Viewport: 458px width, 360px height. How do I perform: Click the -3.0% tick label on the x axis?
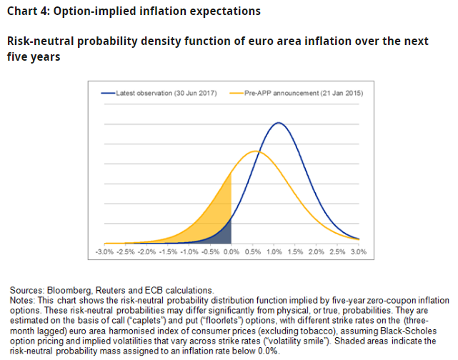tap(104, 252)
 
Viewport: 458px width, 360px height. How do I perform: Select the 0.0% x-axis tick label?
tap(232, 252)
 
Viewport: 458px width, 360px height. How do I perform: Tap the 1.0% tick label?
tap(274, 252)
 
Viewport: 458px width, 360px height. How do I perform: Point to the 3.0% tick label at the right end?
tap(359, 252)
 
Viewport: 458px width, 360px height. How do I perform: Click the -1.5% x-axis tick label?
tap(168, 252)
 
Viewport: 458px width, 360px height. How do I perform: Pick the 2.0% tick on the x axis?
tap(317, 252)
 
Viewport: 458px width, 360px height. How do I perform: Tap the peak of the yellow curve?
tap(254, 151)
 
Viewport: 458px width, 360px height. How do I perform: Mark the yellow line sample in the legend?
tap(237, 93)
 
